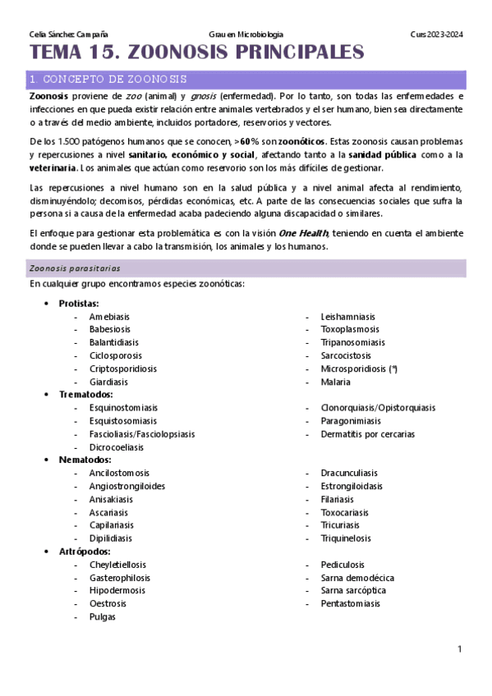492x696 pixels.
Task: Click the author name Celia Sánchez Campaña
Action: pos(63,34)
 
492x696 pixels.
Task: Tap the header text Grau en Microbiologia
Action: pos(246,34)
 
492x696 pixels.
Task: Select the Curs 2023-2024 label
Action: pos(436,34)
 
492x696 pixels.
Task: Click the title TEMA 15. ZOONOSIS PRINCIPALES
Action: pos(197,53)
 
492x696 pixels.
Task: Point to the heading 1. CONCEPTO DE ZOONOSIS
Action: pos(108,80)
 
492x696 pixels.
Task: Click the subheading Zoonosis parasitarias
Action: pos(75,268)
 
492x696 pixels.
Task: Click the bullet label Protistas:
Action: pos(79,304)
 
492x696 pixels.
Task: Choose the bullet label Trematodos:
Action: pos(85,395)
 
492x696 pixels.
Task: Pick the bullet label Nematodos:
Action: pos(84,460)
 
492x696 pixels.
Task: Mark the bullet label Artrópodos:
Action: pos(84,552)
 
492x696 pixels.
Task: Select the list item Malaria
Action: pos(335,382)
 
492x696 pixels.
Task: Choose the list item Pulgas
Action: pos(103,617)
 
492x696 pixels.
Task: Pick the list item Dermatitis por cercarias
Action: pos(367,434)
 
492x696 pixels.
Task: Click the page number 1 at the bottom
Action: pos(461,649)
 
